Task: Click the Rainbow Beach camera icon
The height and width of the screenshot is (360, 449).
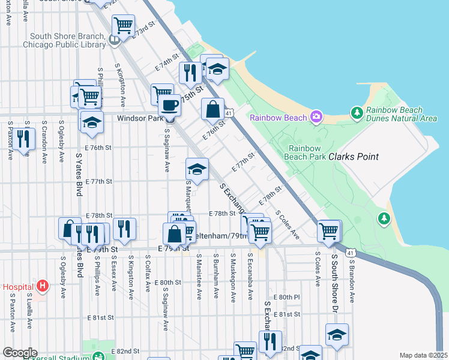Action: pyautogui.click(x=316, y=117)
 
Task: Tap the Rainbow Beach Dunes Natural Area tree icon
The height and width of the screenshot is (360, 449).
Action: pyautogui.click(x=357, y=112)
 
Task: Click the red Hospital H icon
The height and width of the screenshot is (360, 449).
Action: pyautogui.click(x=42, y=286)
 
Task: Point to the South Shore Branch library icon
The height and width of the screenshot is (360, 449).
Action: pyautogui.click(x=115, y=40)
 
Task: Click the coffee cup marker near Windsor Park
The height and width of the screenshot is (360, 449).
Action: pyautogui.click(x=169, y=106)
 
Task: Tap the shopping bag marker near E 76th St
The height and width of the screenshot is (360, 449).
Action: pyautogui.click(x=213, y=110)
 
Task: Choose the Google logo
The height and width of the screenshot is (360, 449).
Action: pyautogui.click(x=20, y=353)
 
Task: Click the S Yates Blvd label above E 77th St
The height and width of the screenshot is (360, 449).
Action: pyautogui.click(x=79, y=173)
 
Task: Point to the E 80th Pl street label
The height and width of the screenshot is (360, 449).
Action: pyautogui.click(x=286, y=297)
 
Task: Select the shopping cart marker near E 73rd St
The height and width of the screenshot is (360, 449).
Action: pyautogui.click(x=123, y=26)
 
